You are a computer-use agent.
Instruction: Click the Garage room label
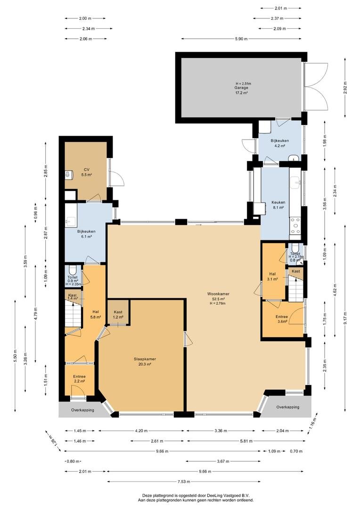coord(242,88)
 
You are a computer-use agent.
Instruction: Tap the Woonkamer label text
coord(218,294)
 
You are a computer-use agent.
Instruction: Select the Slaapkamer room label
coord(145,359)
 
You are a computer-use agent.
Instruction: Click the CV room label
coord(87,170)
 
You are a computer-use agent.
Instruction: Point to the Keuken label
coord(278,202)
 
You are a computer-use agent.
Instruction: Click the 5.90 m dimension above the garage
coord(241,39)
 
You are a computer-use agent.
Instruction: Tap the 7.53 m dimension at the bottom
coord(184,481)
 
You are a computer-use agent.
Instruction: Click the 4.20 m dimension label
coord(141,431)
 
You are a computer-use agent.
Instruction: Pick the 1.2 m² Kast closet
coord(118,312)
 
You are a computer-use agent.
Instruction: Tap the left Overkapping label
coord(82,410)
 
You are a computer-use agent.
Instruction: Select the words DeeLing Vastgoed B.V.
coord(230,495)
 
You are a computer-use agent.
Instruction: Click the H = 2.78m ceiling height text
coord(218,304)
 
